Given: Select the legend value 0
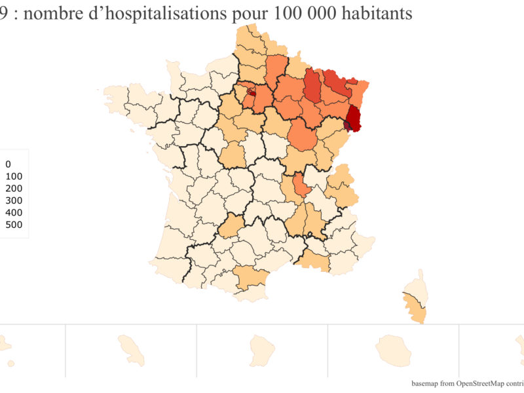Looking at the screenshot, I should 8,164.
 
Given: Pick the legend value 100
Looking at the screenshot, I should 14,177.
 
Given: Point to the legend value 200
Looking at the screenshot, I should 14,189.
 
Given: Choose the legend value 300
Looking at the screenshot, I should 14,200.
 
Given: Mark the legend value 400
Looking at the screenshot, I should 14,213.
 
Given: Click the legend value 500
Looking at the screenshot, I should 14,225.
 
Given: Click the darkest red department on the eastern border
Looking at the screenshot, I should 354,117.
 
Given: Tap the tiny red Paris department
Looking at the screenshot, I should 250,94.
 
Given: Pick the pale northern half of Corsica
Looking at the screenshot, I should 414,289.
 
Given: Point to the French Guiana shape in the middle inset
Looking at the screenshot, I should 260,348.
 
